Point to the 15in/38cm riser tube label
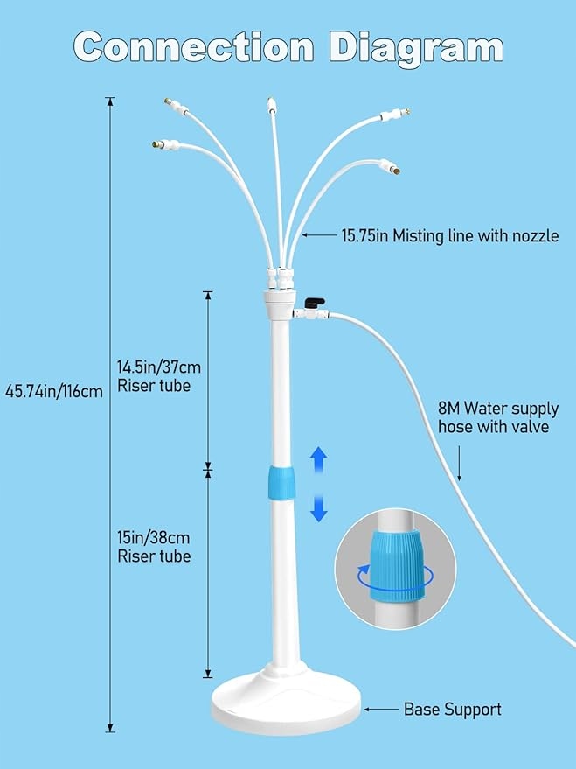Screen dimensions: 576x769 [x=153, y=547]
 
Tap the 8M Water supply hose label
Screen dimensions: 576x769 [x=494, y=417]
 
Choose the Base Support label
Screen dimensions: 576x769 [x=452, y=710]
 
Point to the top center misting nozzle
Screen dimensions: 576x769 [x=271, y=110]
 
